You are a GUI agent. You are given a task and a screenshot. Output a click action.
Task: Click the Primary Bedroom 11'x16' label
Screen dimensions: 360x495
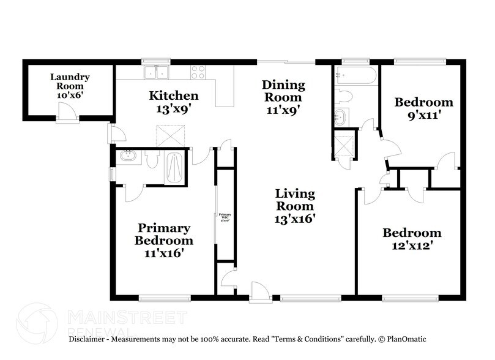click(x=163, y=239)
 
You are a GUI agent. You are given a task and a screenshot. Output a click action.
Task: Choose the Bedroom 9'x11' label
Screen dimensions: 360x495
click(x=423, y=108)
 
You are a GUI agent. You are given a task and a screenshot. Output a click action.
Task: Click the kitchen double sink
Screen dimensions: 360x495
click(x=157, y=73)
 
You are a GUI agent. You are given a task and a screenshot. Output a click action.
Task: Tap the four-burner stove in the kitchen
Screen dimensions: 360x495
click(x=199, y=72)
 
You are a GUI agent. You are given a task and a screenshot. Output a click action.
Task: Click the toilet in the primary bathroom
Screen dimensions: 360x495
click(x=153, y=159)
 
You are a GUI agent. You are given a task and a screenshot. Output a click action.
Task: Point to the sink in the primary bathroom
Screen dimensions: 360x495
click(x=128, y=156)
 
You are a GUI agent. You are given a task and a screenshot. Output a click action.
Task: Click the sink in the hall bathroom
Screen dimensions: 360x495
click(x=341, y=117)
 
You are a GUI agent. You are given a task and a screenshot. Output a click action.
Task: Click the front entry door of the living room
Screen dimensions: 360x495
click(x=258, y=291)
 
